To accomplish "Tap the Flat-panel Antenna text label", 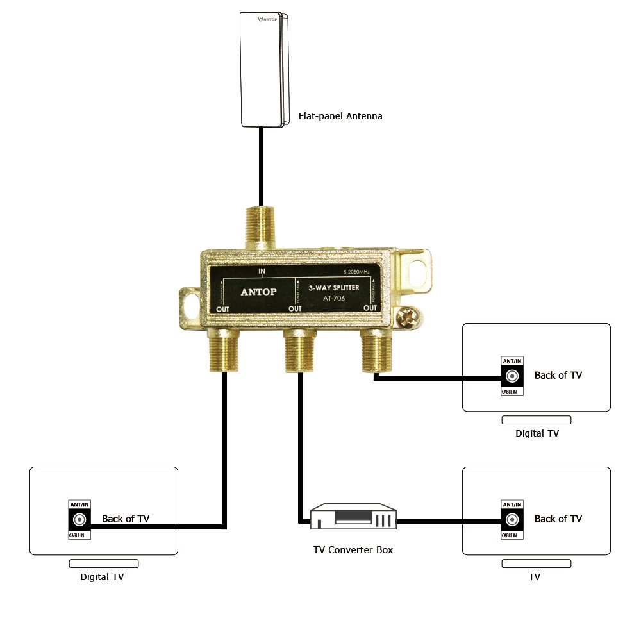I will pos(340,117).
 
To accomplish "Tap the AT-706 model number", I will pos(334,298).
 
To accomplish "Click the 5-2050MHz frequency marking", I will pos(356,272).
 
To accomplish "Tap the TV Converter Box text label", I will pos(353,550).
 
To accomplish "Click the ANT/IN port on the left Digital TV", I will pos(80,519).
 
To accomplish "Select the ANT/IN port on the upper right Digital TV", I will pos(512,376).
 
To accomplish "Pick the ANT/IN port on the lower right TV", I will pos(512,519).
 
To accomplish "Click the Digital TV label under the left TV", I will pos(102,577).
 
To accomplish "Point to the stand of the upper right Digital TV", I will pos(536,420).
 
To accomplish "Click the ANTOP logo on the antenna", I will pos(268,20).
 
